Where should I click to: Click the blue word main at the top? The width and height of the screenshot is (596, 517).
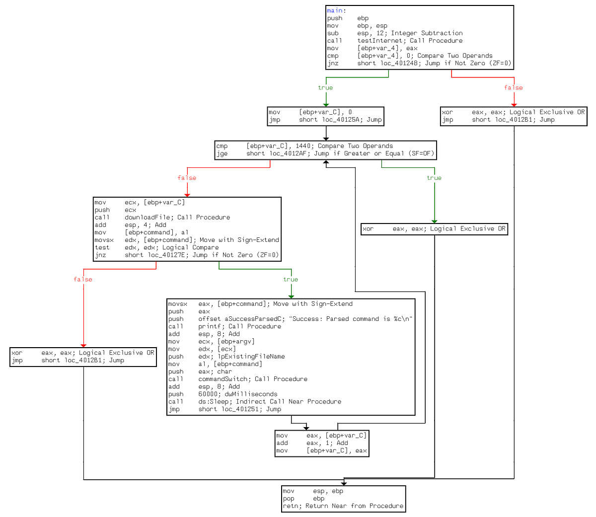pyautogui.click(x=335, y=10)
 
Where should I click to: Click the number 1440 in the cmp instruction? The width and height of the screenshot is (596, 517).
pyautogui.click(x=303, y=146)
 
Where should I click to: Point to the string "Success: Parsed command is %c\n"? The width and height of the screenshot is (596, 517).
pyautogui.click(x=351, y=319)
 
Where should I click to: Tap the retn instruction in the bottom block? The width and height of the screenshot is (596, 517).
pyautogui.click(x=291, y=506)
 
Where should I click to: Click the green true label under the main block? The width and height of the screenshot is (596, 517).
pyautogui.click(x=325, y=88)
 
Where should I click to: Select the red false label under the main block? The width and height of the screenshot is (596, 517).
pyautogui.click(x=513, y=88)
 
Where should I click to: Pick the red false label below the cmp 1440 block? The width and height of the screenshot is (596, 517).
pyautogui.click(x=187, y=178)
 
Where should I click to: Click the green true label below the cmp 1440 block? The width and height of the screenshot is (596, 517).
pyautogui.click(x=434, y=178)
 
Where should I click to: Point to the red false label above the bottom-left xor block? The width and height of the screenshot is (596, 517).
pyautogui.click(x=83, y=280)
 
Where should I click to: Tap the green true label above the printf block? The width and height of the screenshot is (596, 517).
pyautogui.click(x=291, y=280)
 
